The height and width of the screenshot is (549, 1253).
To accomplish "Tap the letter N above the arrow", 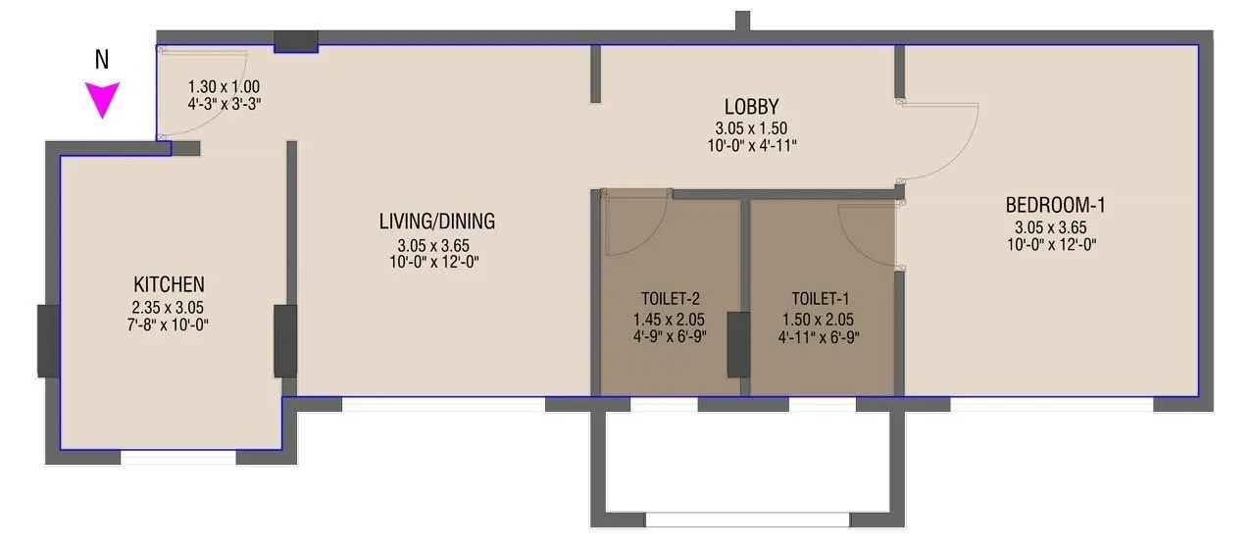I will tap(101, 60).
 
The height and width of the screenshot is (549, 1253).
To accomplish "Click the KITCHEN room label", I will tap(169, 284).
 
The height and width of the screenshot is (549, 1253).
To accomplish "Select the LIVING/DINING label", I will tap(438, 222).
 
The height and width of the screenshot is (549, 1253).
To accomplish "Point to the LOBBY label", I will tap(751, 106).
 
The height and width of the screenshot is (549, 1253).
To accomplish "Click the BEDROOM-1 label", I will tap(1055, 205).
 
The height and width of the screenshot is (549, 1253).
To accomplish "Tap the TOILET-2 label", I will tap(671, 298).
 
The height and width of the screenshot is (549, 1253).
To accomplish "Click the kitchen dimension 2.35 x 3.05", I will tap(169, 307).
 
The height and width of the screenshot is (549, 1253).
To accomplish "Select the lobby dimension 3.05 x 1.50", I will tap(751, 127).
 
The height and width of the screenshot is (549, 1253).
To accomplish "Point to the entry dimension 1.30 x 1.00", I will tap(224, 85).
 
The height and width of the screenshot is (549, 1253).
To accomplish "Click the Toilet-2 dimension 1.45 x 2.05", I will tap(671, 320).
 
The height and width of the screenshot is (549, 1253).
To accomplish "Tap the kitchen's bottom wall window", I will tap(177, 457).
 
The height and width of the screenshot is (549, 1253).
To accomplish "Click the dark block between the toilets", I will tap(736, 344).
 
